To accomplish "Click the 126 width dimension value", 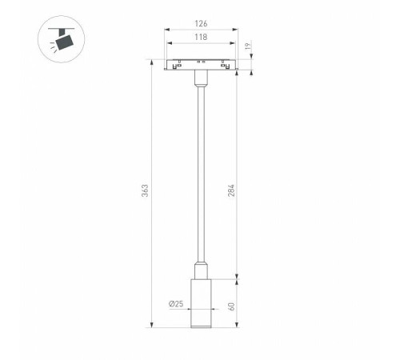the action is (x=201, y=23).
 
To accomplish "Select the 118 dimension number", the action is (x=201, y=37).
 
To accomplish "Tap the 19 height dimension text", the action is (x=248, y=46).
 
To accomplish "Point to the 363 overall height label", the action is (x=145, y=190).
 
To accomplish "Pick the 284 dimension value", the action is (x=231, y=190).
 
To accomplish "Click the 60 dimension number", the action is (x=231, y=306).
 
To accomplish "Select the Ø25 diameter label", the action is (x=176, y=304).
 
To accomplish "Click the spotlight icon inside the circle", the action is (x=62, y=39).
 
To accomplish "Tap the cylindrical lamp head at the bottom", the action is (x=201, y=303).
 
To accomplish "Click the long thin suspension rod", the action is (x=201, y=174).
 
